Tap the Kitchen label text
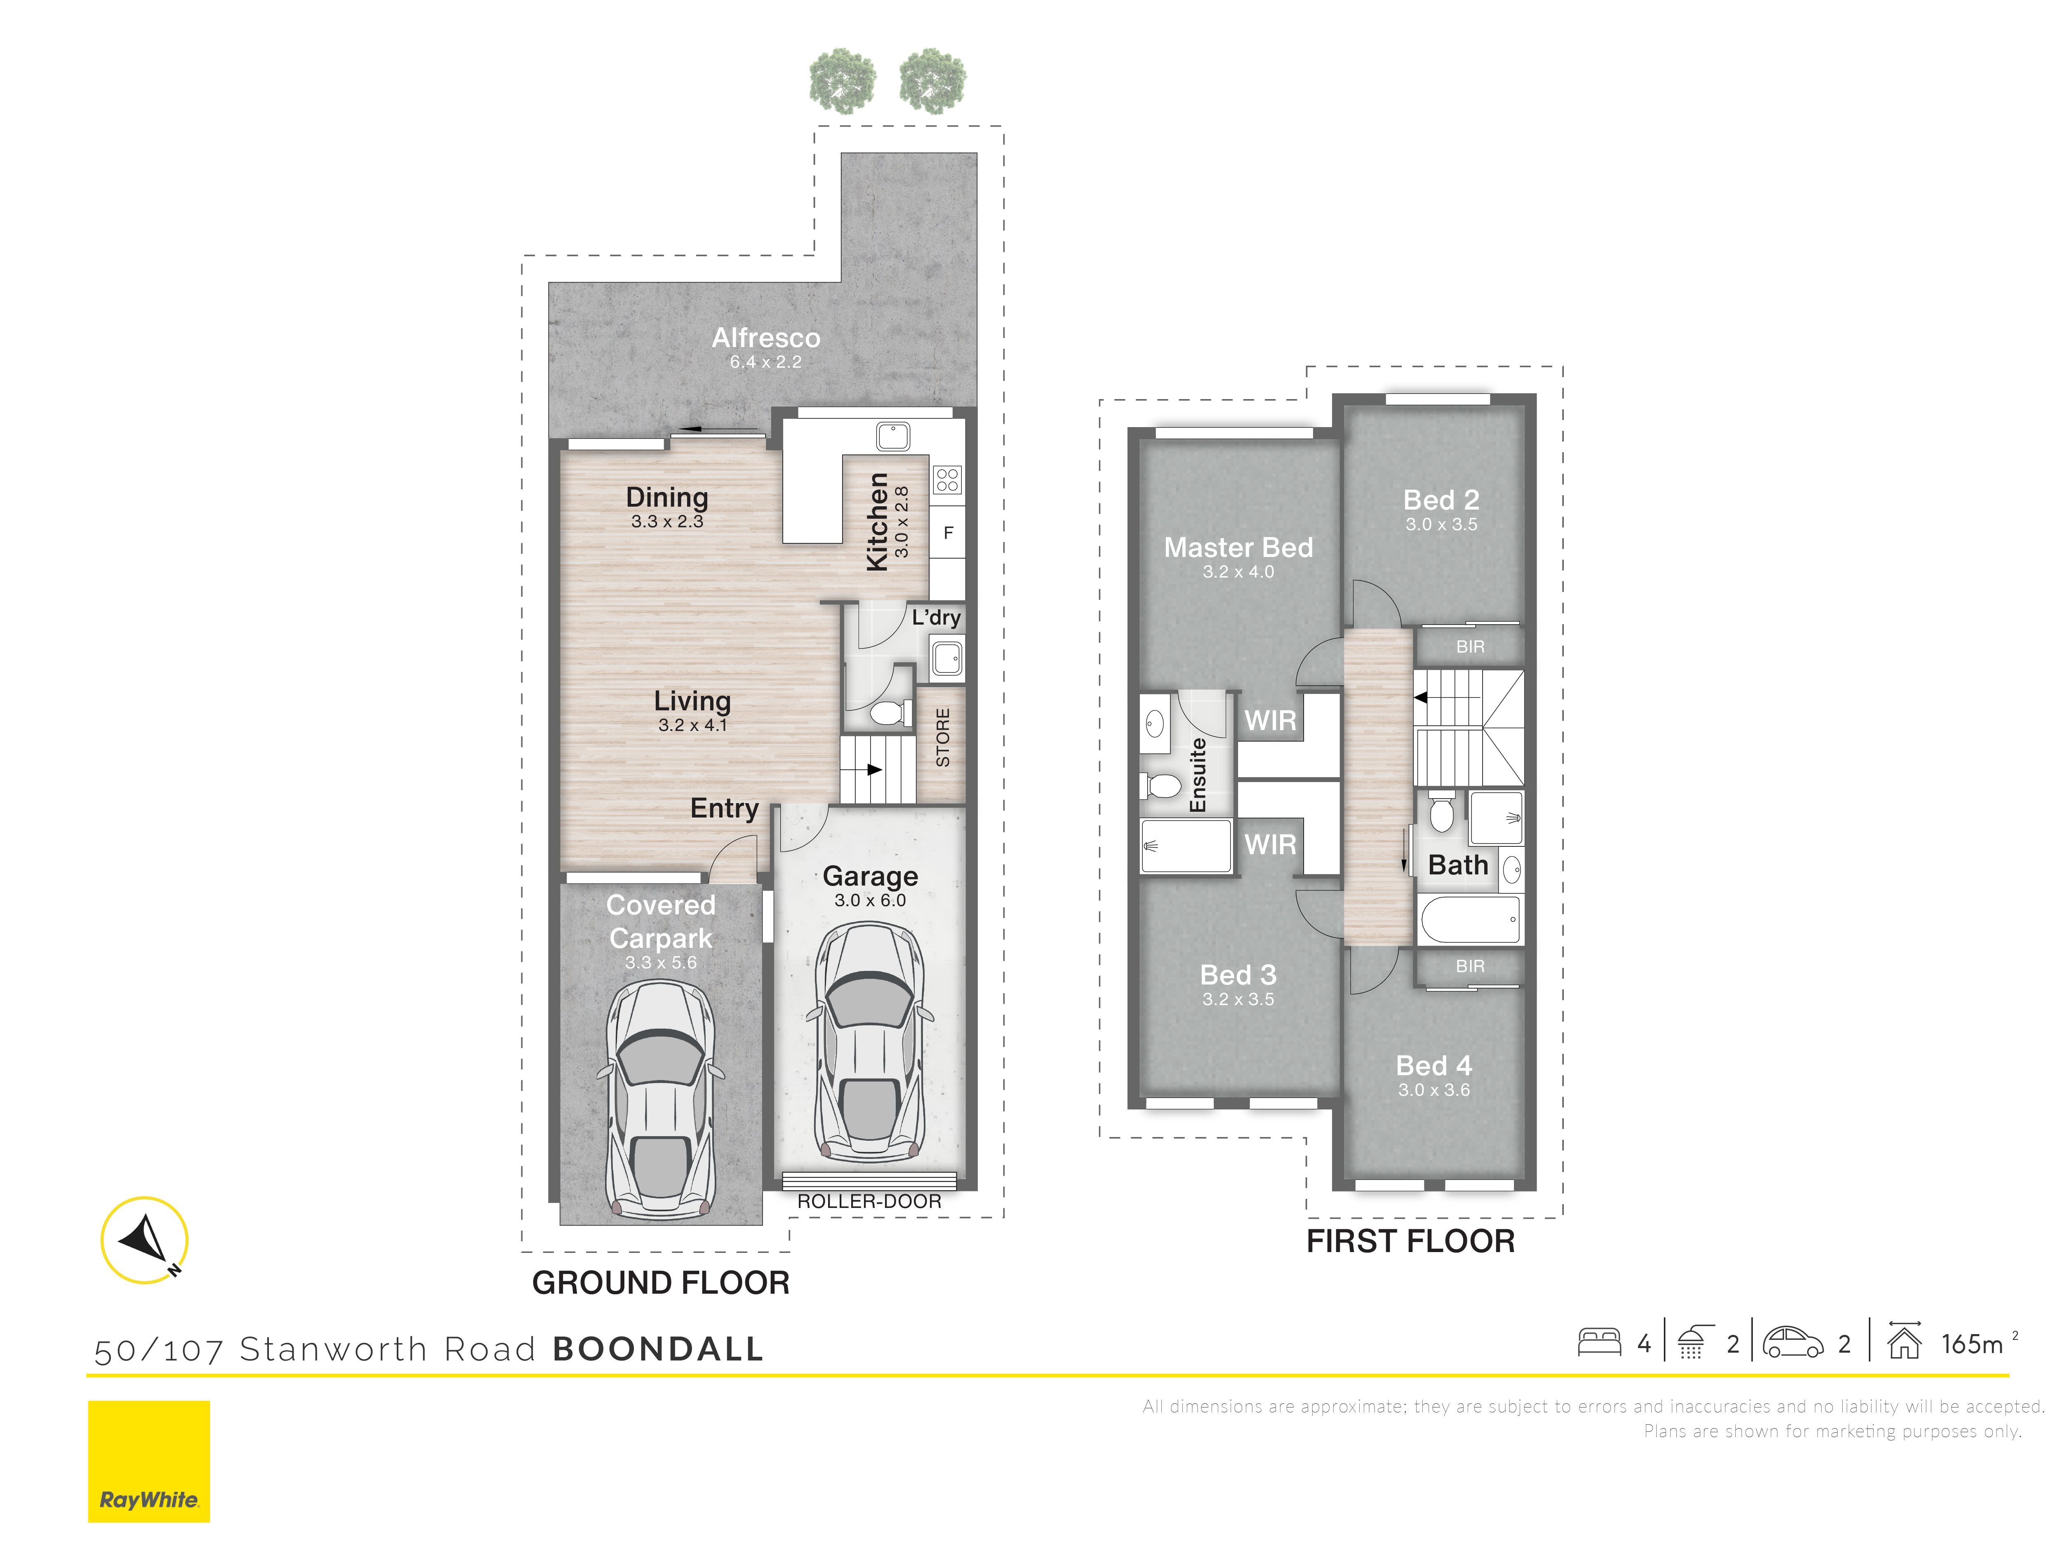(877, 522)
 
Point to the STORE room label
(942, 737)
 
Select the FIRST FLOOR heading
(1410, 1241)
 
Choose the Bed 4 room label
(1434, 1065)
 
